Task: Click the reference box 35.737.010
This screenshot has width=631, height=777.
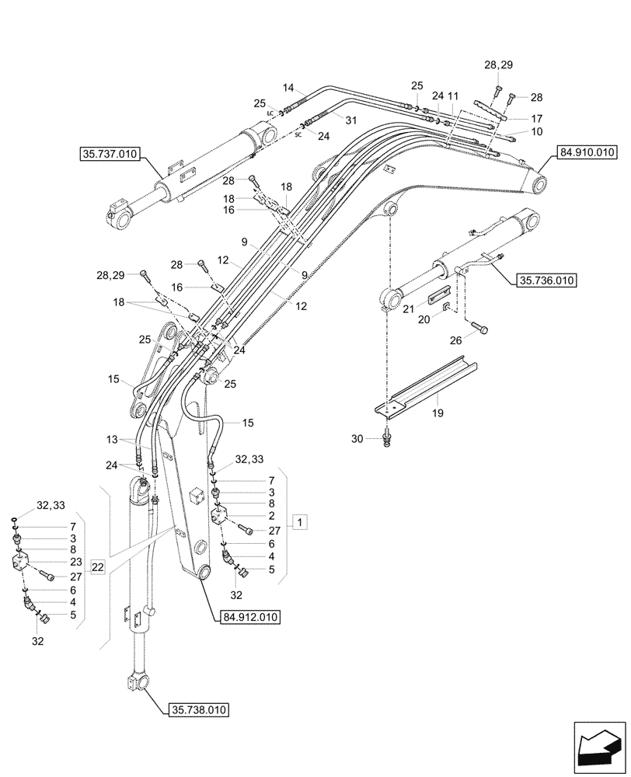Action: [x=109, y=155]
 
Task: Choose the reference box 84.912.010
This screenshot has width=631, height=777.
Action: [x=246, y=617]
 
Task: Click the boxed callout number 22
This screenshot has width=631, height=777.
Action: [x=97, y=568]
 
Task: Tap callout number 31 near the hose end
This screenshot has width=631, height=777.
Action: [x=350, y=120]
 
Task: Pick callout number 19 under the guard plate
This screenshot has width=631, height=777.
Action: [x=438, y=413]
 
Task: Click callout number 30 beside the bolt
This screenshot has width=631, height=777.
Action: [x=357, y=439]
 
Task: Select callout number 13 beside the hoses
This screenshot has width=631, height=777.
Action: [x=113, y=439]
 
